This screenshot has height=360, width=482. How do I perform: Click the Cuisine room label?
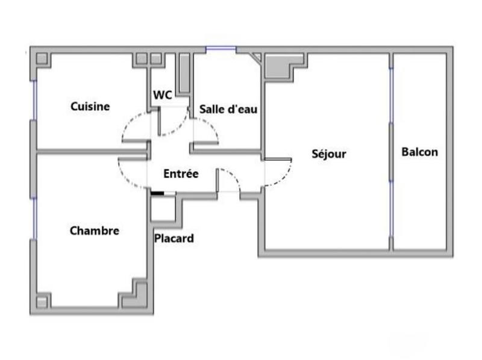point(90,107)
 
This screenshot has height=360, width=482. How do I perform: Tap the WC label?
point(161,95)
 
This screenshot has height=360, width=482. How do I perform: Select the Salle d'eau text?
point(228,109)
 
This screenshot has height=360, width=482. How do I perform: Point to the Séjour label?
point(329,154)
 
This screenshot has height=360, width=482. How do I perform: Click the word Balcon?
point(420,152)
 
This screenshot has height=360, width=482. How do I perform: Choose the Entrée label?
point(181,173)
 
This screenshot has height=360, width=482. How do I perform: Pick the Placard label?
point(174,238)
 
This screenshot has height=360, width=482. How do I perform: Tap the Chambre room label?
point(95,231)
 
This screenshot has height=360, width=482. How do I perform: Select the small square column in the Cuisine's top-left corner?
point(42,59)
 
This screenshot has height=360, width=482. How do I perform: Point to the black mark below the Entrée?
point(157,193)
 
